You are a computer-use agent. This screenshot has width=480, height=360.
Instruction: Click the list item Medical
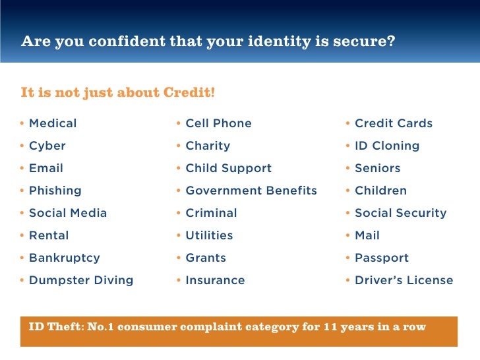[53, 123]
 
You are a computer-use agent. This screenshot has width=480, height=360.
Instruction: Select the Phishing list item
[55, 191]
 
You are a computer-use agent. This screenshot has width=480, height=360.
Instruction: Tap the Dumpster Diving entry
[81, 280]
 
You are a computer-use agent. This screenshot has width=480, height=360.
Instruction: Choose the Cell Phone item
[218, 123]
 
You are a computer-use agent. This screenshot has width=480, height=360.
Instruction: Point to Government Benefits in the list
[251, 191]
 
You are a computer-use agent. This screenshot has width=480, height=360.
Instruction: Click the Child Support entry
[228, 168]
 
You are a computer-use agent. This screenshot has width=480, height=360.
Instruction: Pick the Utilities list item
[209, 235]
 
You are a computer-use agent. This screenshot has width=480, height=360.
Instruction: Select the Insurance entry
[215, 280]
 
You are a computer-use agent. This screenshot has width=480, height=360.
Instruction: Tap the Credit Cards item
[394, 123]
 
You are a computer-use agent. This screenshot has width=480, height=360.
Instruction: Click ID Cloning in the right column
[387, 146]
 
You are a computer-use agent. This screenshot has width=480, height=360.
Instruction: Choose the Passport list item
[382, 258]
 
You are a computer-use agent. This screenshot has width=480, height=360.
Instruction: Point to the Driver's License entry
[404, 280]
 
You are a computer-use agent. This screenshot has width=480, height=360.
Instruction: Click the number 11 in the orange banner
[330, 326]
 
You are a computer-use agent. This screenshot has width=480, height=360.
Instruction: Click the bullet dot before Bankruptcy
[22, 258]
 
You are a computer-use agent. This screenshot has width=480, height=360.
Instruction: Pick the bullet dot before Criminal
[179, 213]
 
